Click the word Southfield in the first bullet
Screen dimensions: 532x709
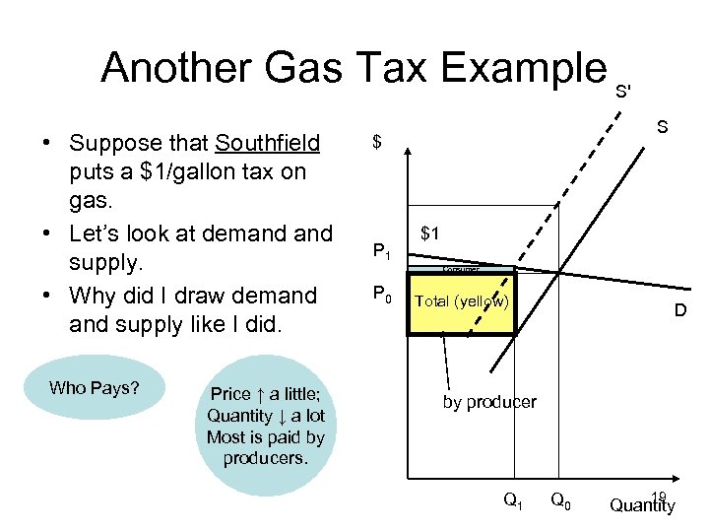(268, 144)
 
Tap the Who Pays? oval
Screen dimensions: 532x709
(95, 388)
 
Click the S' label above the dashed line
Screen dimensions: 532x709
(622, 92)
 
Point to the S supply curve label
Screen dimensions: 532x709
(663, 127)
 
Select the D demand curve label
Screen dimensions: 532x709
(679, 311)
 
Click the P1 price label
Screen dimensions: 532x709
(382, 253)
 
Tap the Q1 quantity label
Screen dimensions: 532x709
(513, 500)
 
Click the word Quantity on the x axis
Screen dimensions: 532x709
(642, 507)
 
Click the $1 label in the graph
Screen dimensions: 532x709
(430, 233)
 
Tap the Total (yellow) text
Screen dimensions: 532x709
(461, 300)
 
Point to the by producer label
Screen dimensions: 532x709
(489, 402)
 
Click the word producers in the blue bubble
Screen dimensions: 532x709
(266, 458)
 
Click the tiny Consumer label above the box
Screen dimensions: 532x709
(461, 269)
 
